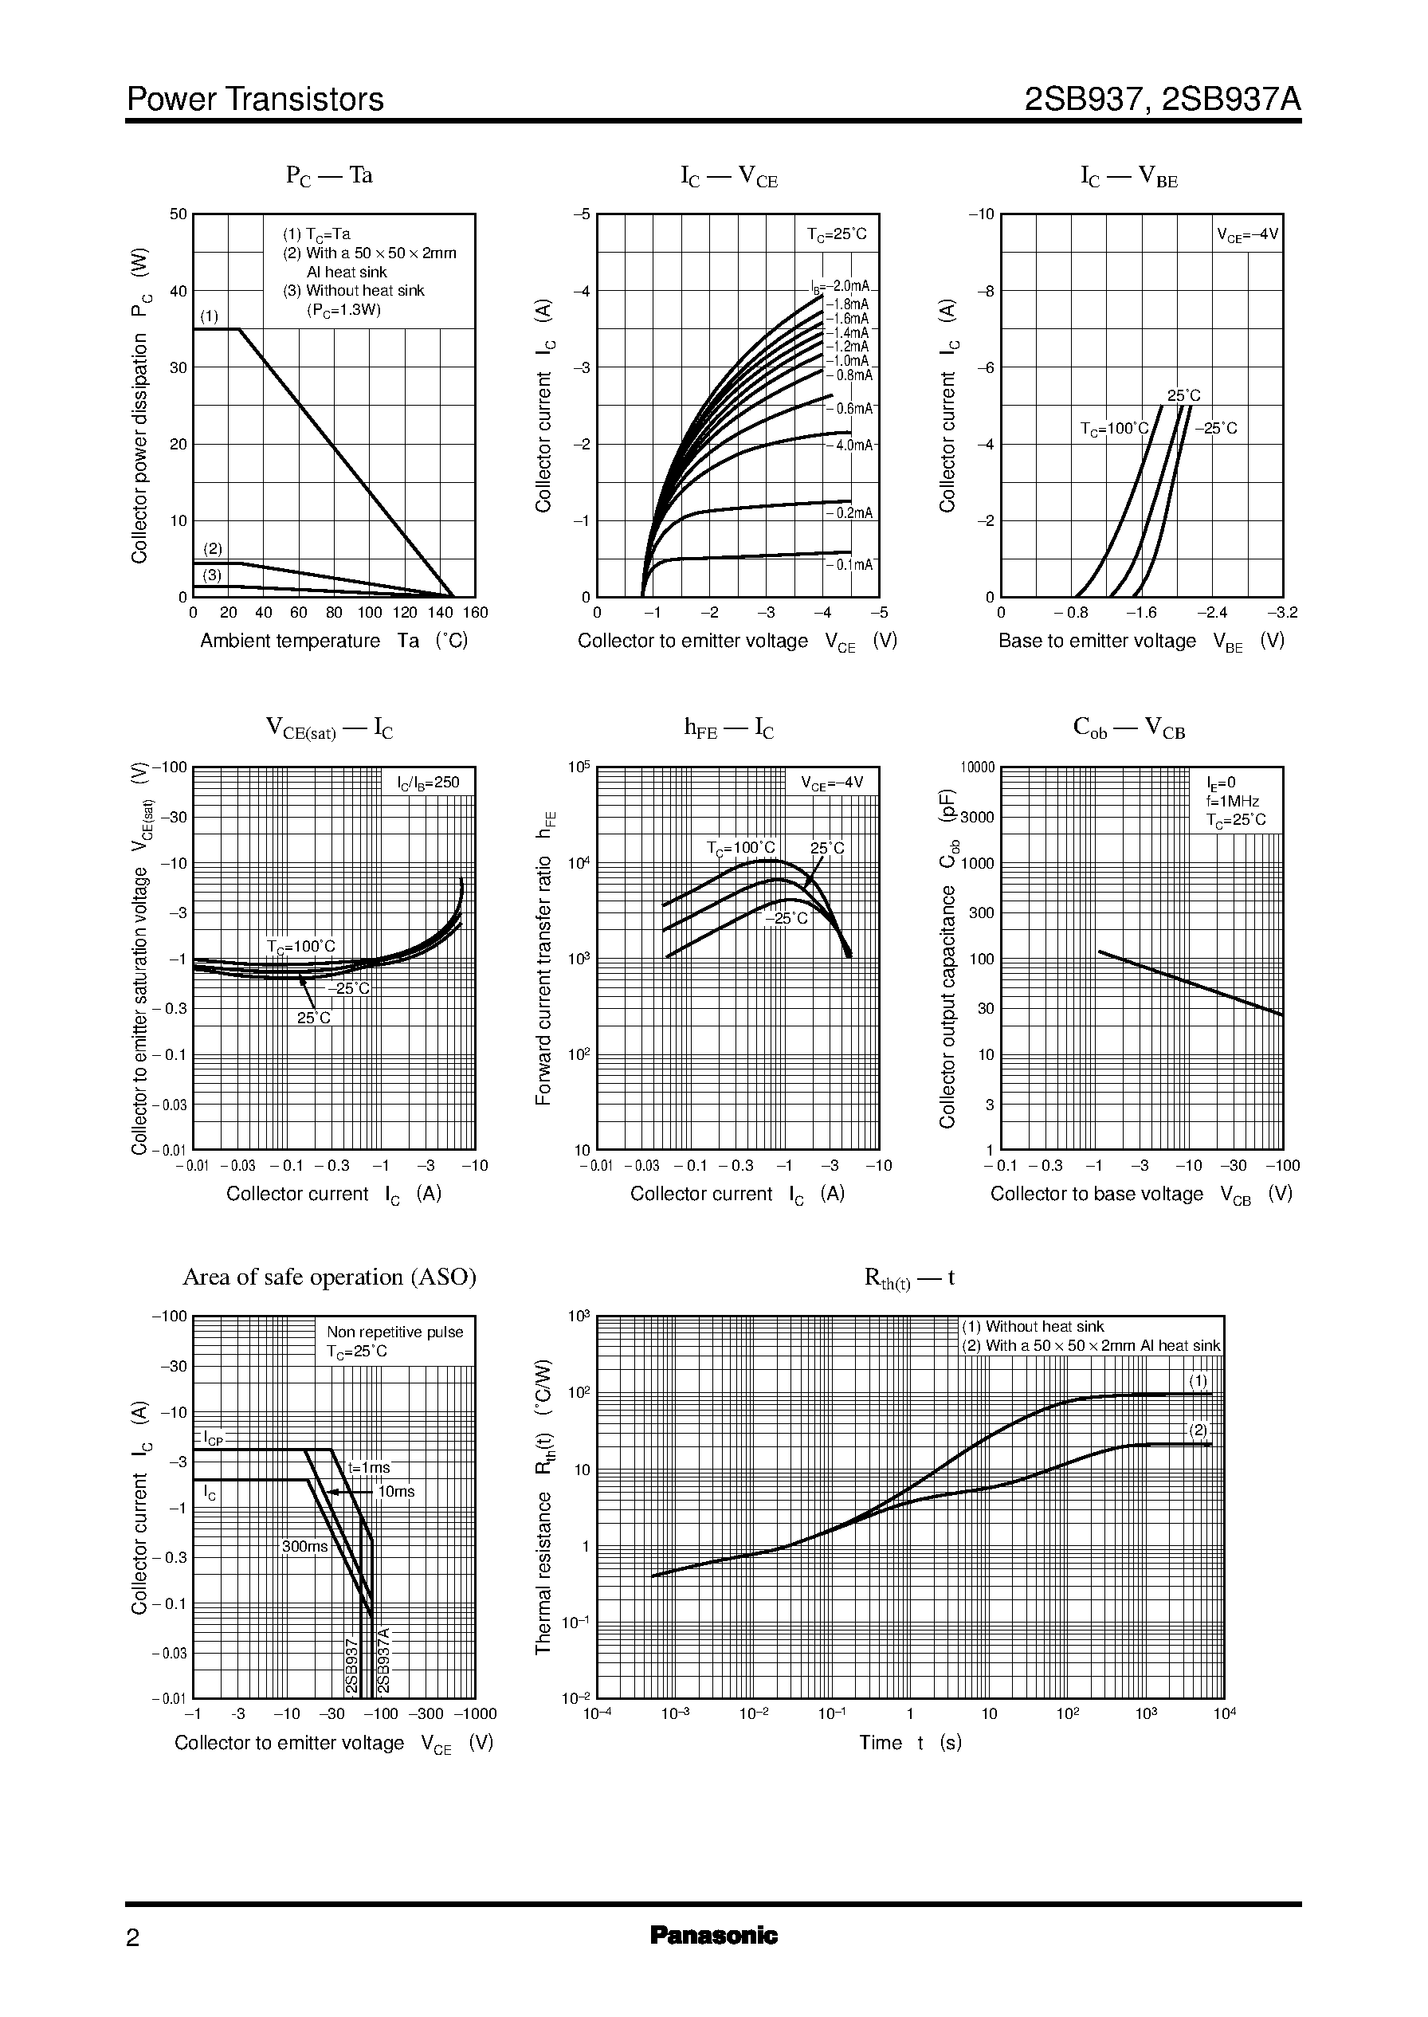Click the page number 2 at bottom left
(x=133, y=1938)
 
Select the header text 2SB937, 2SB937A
(x=1162, y=100)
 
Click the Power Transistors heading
(x=255, y=100)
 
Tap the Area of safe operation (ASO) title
(x=329, y=1277)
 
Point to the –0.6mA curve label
(x=850, y=409)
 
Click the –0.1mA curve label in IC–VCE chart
(x=850, y=564)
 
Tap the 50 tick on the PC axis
(x=178, y=214)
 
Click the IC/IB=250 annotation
(x=428, y=782)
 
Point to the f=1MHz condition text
(x=1232, y=801)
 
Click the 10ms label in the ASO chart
(x=396, y=1491)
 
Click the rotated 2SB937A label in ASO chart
(x=383, y=1660)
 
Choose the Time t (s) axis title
(x=910, y=1743)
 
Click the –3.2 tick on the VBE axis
(x=1282, y=613)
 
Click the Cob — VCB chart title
(x=1129, y=728)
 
